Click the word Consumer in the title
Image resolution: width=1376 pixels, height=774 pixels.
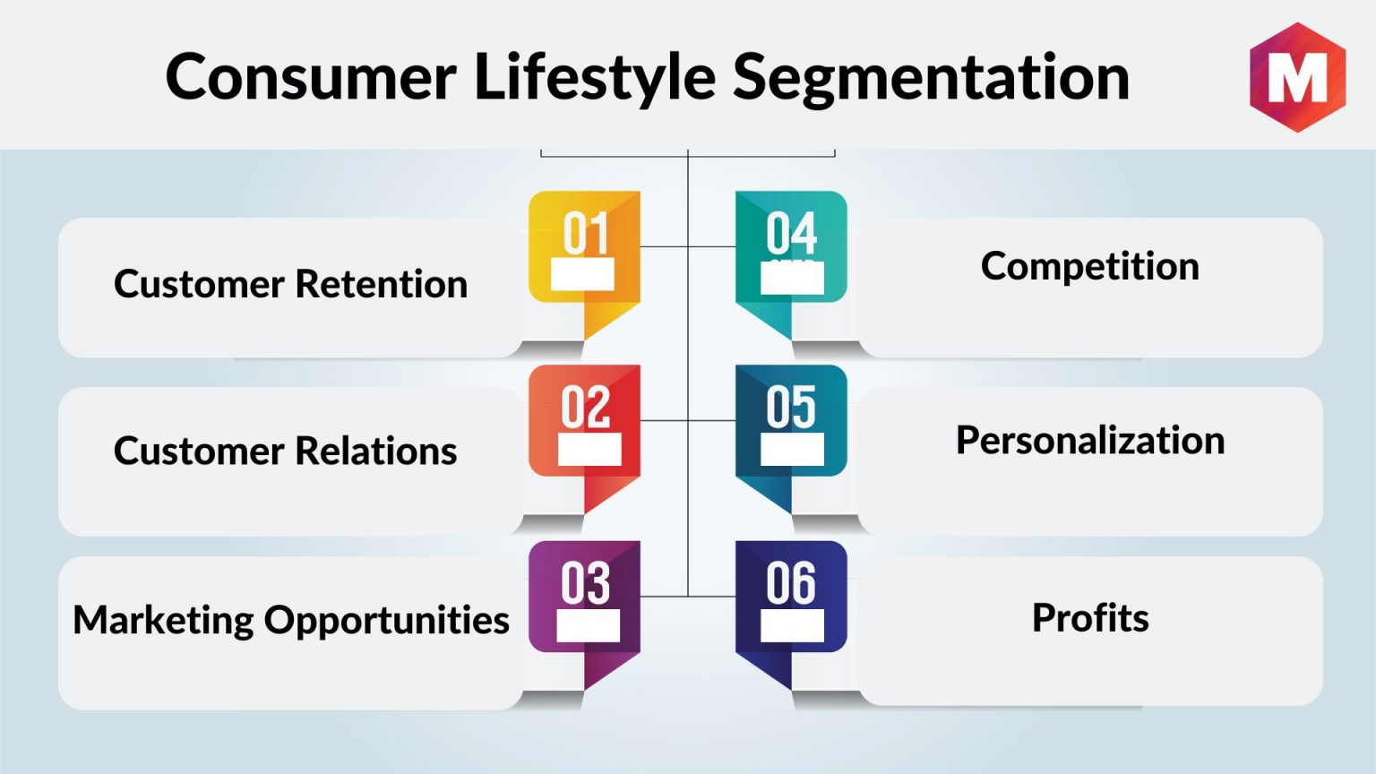(310, 77)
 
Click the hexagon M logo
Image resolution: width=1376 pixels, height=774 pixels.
(1297, 77)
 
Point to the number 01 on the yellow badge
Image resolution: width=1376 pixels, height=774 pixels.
(585, 234)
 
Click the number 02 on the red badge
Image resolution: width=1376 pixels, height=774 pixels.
(585, 408)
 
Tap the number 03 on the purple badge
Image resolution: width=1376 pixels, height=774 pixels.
(585, 583)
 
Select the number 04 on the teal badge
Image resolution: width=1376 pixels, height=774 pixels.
(791, 234)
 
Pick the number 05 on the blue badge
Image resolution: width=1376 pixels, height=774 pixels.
(791, 408)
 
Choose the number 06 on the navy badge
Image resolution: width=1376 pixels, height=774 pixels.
(791, 583)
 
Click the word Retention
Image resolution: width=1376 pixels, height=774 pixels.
(382, 284)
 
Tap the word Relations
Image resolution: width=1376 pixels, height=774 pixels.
(376, 451)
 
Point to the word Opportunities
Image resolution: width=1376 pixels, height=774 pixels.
(387, 621)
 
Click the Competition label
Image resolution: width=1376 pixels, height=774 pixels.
(1089, 267)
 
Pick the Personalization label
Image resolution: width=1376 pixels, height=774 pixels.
(1090, 441)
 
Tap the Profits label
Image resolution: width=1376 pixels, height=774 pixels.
(1090, 617)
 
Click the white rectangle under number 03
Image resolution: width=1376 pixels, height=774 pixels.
(588, 625)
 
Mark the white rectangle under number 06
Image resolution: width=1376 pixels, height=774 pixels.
(793, 625)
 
